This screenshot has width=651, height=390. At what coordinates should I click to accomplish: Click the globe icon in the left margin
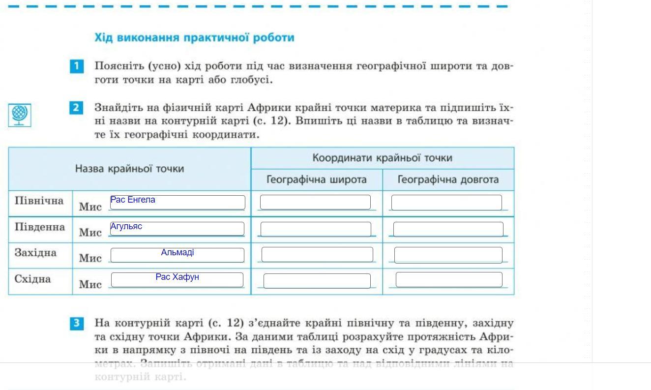pos(20,115)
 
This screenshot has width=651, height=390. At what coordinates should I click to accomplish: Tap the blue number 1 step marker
pos(77,66)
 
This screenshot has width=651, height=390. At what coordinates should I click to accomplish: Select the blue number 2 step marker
pos(76,108)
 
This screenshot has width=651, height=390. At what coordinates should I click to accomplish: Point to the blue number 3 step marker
pos(77,323)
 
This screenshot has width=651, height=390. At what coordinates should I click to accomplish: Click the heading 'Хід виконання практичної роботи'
pos(194,38)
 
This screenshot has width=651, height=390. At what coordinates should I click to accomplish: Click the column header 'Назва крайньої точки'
pos(129,169)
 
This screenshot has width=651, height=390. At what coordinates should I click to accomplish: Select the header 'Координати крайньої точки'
pos(382,158)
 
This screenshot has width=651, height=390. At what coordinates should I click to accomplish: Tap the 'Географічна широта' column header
pos(316,180)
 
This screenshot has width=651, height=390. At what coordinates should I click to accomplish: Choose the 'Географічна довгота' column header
pos(448,180)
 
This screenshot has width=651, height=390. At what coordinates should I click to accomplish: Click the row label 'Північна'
pos(39,201)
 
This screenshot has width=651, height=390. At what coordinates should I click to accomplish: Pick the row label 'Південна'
pos(40,227)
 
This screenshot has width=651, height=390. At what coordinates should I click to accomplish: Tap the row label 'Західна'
pos(35,253)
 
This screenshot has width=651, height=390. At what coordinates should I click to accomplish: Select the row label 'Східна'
pos(32,279)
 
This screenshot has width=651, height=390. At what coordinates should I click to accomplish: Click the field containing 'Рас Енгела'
pos(177,202)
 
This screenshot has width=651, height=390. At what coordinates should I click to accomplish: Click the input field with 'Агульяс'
pos(177,229)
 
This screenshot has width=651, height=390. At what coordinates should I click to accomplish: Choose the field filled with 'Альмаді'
pos(177,255)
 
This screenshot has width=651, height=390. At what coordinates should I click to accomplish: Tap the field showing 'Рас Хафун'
pos(177,279)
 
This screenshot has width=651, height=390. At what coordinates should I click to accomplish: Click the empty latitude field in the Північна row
pos(315,202)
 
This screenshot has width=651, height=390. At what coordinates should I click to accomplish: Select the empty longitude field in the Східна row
pos(449,279)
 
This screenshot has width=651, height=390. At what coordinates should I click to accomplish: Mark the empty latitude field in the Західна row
pos(317,255)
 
